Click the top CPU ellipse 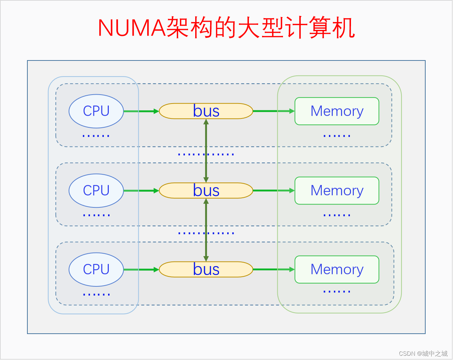point(96,111)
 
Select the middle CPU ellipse point(96,191)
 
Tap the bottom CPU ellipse point(96,269)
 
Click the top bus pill point(206,111)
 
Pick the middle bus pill point(206,190)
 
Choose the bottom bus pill point(206,269)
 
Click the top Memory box point(337,111)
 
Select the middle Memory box point(337,190)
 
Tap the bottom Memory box point(337,269)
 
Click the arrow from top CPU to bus point(141,111)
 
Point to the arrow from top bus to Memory point(274,111)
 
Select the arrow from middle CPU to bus point(141,191)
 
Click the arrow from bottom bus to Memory point(274,269)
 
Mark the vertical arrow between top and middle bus point(206,151)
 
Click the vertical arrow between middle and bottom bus point(206,230)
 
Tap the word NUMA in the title point(132,28)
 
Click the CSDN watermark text point(423,353)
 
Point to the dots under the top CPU point(96,136)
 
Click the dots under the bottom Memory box point(337,292)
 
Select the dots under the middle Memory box point(337,215)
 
